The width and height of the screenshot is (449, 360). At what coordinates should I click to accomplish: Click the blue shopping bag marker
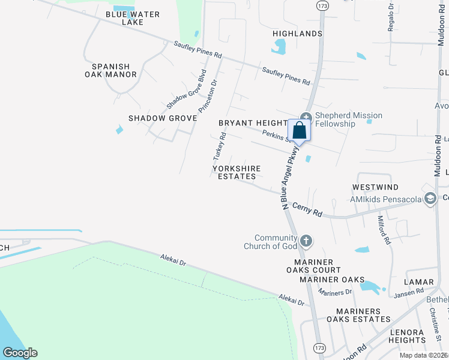[300, 130]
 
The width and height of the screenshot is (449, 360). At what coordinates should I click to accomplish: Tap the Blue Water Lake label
[124, 18]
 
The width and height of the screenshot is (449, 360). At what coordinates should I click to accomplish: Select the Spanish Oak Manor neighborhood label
[110, 70]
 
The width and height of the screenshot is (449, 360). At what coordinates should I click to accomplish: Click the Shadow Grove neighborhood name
[162, 118]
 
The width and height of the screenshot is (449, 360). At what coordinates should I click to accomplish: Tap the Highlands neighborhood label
[297, 34]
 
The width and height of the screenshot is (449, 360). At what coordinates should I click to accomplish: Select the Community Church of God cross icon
[306, 241]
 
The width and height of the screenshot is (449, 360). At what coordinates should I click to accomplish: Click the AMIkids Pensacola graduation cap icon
[430, 199]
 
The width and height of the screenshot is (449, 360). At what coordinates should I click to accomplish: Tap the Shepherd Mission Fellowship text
[348, 119]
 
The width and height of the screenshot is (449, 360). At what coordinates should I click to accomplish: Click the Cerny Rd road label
[307, 209]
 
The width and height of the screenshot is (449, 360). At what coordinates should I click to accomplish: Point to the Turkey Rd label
[218, 146]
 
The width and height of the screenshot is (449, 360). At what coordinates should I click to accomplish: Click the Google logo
[20, 353]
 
